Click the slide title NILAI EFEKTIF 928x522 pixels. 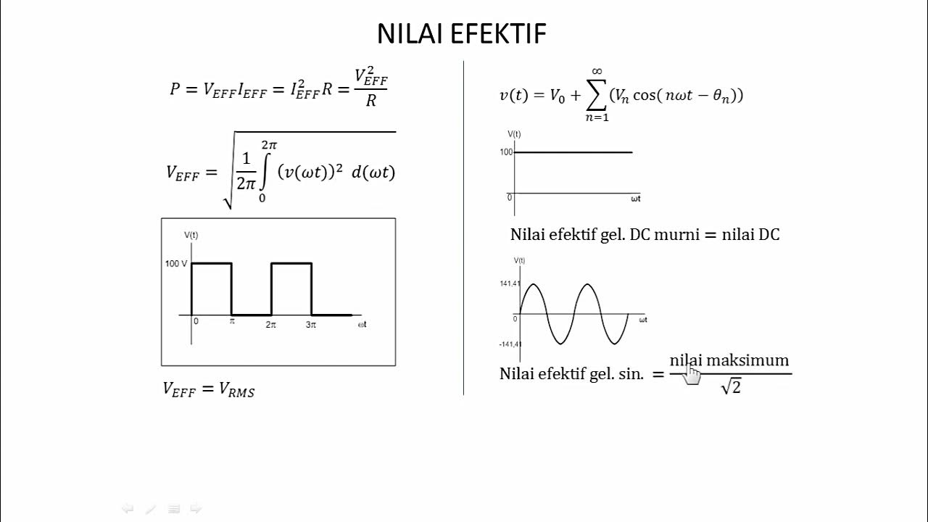click(x=461, y=33)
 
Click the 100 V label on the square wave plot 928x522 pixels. click(x=175, y=263)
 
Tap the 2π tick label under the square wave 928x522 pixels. click(x=270, y=325)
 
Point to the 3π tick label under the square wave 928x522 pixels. click(x=311, y=325)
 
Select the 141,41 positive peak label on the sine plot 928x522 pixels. click(x=510, y=283)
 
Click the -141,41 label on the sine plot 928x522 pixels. click(x=510, y=344)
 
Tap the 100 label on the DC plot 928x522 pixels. click(x=506, y=152)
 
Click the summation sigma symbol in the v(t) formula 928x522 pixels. click(x=597, y=95)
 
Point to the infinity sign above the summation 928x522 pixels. click(x=597, y=71)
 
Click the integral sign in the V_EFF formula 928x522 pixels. click(x=265, y=173)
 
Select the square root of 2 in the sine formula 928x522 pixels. click(x=731, y=388)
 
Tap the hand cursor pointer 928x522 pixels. click(x=692, y=374)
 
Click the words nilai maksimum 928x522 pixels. click(x=729, y=360)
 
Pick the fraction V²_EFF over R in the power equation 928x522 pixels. click(x=370, y=88)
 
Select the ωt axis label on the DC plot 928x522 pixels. click(x=635, y=199)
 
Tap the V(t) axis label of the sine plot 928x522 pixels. click(x=519, y=260)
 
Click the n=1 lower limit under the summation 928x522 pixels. click(x=597, y=118)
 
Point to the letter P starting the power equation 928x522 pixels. click(x=175, y=89)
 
